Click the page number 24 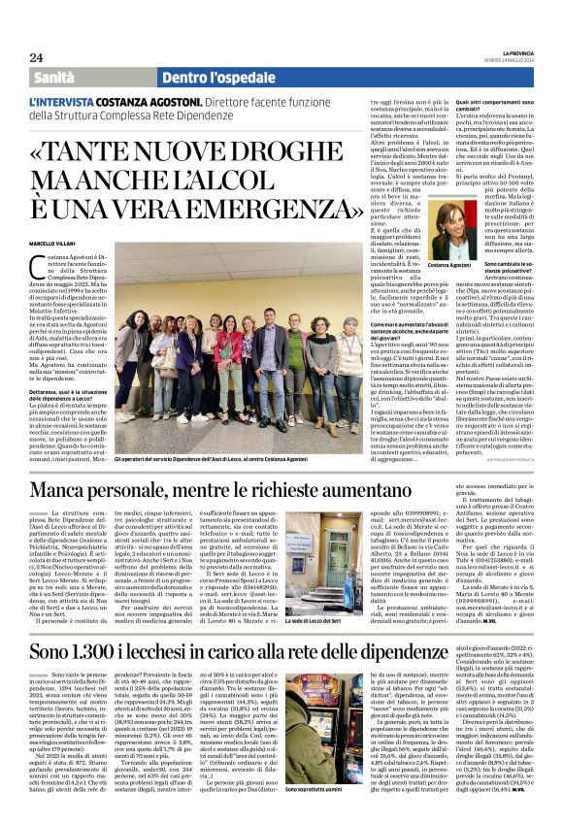point(36,57)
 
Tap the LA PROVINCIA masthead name point(516,55)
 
